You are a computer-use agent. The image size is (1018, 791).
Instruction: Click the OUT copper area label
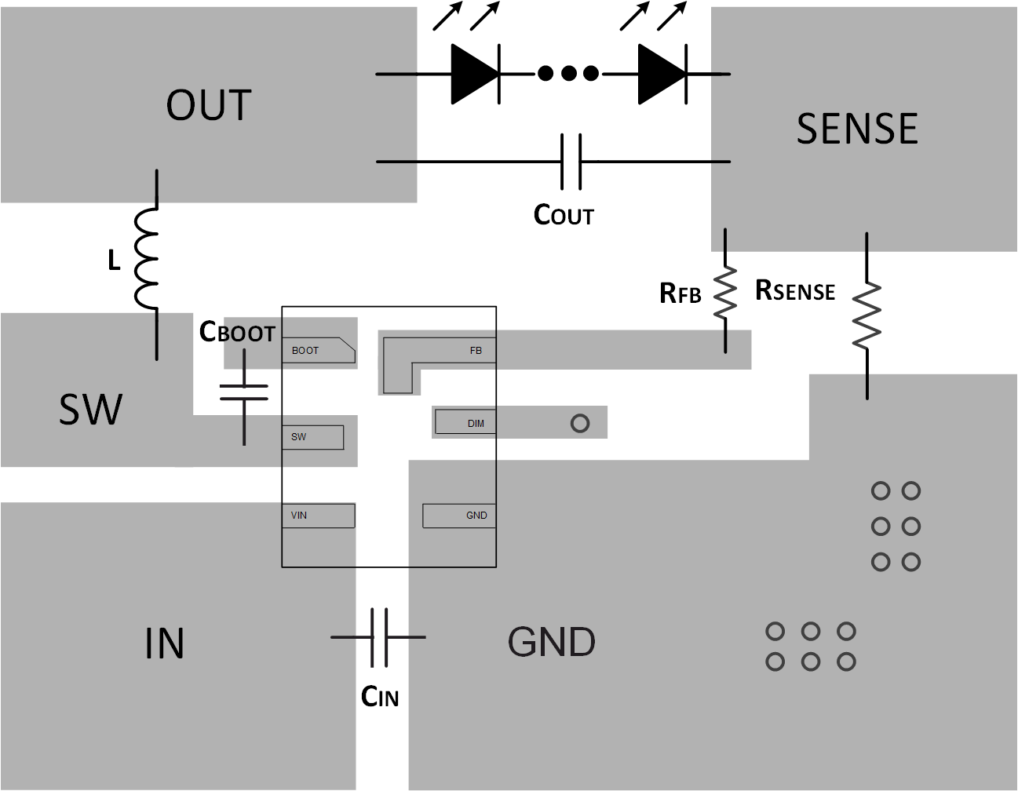tap(209, 105)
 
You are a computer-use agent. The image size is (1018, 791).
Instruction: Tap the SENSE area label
tap(857, 129)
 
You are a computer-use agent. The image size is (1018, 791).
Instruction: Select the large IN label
tap(165, 643)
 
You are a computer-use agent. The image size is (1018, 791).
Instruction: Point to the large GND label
tap(551, 642)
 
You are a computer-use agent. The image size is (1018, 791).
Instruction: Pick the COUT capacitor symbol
tap(571, 162)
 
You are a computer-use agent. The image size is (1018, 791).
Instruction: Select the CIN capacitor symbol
tap(379, 636)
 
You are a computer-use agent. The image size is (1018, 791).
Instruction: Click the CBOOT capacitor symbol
tap(244, 392)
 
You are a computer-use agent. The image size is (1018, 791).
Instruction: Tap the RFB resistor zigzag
tap(725, 293)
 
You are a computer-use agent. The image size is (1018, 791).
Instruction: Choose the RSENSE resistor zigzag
tap(867, 315)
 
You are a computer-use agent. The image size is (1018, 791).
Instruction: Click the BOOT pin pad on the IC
tap(318, 350)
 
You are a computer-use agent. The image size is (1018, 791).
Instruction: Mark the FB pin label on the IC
tap(476, 351)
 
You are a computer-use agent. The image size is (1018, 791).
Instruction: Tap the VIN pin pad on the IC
tap(318, 516)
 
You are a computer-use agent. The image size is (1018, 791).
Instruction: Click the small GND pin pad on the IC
tap(459, 516)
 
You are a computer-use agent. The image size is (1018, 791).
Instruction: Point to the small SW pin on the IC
tap(312, 437)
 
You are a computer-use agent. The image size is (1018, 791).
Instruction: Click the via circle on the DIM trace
tap(580, 424)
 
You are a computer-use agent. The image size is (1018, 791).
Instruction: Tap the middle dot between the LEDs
tap(569, 74)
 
